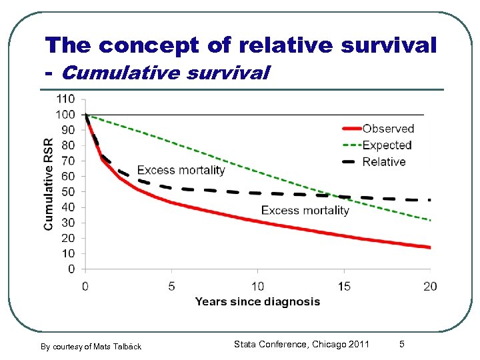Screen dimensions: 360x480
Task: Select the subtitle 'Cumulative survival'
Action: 165,72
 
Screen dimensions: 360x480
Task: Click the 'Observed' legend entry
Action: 388,129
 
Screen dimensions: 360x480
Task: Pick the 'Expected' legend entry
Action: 387,145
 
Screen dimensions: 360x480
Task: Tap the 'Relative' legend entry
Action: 383,162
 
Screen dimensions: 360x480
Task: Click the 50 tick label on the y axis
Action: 68,192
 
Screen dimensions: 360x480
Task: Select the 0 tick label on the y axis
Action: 71,269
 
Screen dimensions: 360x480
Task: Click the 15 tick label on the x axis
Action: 344,287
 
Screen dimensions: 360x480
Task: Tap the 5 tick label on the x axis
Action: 171,287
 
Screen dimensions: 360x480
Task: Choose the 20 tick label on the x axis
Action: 430,287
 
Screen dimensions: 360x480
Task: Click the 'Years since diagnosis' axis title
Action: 257,302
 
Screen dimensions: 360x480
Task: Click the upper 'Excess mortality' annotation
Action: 181,170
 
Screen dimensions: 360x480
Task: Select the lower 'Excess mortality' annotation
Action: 305,211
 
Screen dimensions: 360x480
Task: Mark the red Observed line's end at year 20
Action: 430,247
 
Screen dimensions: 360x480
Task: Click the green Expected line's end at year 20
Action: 430,220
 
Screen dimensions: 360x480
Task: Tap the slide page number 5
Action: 401,344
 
